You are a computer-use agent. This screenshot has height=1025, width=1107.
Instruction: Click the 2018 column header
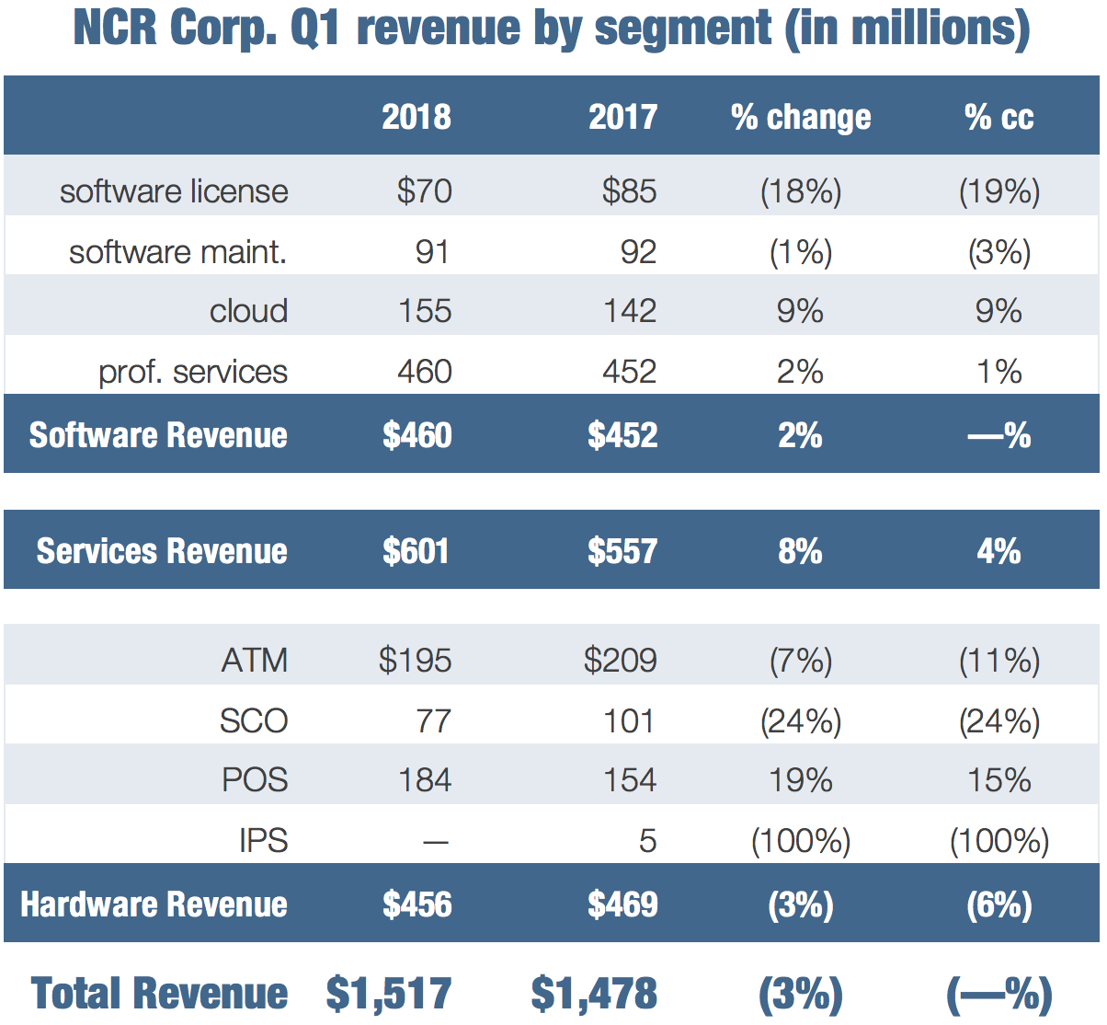tap(417, 117)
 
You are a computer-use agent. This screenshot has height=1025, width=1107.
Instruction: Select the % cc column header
tap(999, 117)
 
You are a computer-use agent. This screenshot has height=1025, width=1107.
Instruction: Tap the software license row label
tap(174, 191)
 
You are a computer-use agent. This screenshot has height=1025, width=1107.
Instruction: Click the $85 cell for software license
tap(629, 191)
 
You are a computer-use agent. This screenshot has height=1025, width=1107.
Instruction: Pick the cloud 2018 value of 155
tap(425, 311)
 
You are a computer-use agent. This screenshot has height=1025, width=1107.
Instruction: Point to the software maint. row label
tap(177, 251)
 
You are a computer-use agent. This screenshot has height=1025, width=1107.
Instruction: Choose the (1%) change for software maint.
tap(800, 251)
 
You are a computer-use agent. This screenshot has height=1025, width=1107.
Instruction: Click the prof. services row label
tap(193, 372)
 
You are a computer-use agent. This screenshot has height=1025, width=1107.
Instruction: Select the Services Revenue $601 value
tap(416, 551)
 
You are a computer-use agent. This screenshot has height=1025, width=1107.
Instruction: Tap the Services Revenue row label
tap(162, 551)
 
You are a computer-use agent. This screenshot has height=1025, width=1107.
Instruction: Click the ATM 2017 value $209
tap(620, 661)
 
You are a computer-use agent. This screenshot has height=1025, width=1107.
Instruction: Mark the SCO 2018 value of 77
tap(434, 720)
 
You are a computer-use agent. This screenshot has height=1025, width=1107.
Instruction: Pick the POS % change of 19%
tap(800, 780)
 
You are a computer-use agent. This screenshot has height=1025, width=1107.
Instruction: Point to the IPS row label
tap(263, 840)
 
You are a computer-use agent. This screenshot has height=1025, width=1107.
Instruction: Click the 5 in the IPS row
tap(647, 840)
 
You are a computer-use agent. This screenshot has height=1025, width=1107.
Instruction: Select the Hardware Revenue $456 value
tap(417, 904)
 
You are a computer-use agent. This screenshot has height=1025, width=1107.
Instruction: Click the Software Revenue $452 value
tap(622, 435)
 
